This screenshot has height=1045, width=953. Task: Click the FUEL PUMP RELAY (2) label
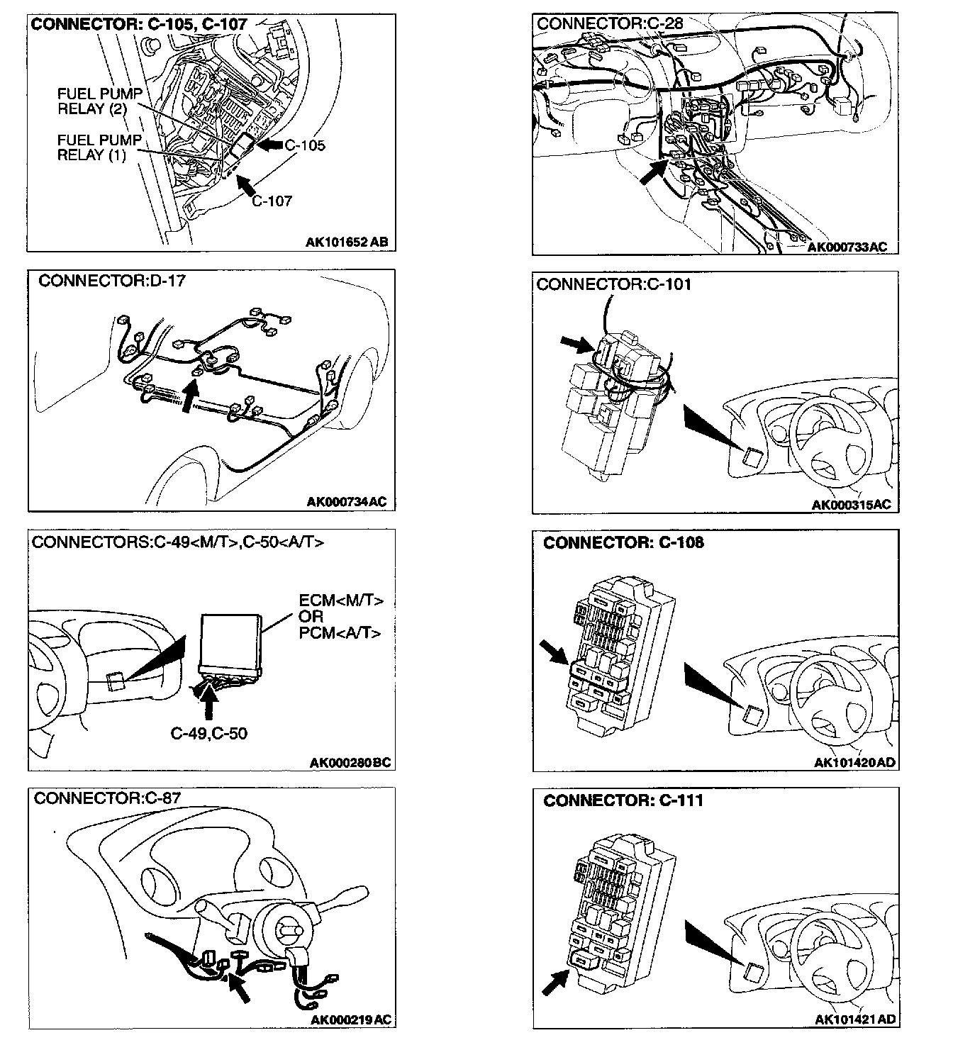point(99,101)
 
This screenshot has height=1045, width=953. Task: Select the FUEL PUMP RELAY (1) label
point(99,147)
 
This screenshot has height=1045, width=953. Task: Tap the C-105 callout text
point(305,145)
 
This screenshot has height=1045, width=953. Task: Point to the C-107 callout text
point(272,201)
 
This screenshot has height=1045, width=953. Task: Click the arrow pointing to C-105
point(270,145)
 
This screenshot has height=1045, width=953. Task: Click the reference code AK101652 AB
point(347,242)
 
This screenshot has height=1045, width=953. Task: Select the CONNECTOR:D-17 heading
point(111,281)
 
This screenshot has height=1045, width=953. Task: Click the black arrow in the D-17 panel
point(189,396)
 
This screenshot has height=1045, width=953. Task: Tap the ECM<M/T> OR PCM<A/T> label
point(340,616)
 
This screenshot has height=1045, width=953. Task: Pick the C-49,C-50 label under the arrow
point(209,734)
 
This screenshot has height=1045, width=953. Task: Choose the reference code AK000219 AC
point(351,1020)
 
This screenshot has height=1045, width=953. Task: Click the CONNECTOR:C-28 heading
point(610,23)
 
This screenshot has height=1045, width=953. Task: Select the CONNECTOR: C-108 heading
point(623,543)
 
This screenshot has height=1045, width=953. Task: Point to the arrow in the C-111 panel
point(557,982)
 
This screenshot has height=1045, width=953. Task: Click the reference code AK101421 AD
point(855,1020)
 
